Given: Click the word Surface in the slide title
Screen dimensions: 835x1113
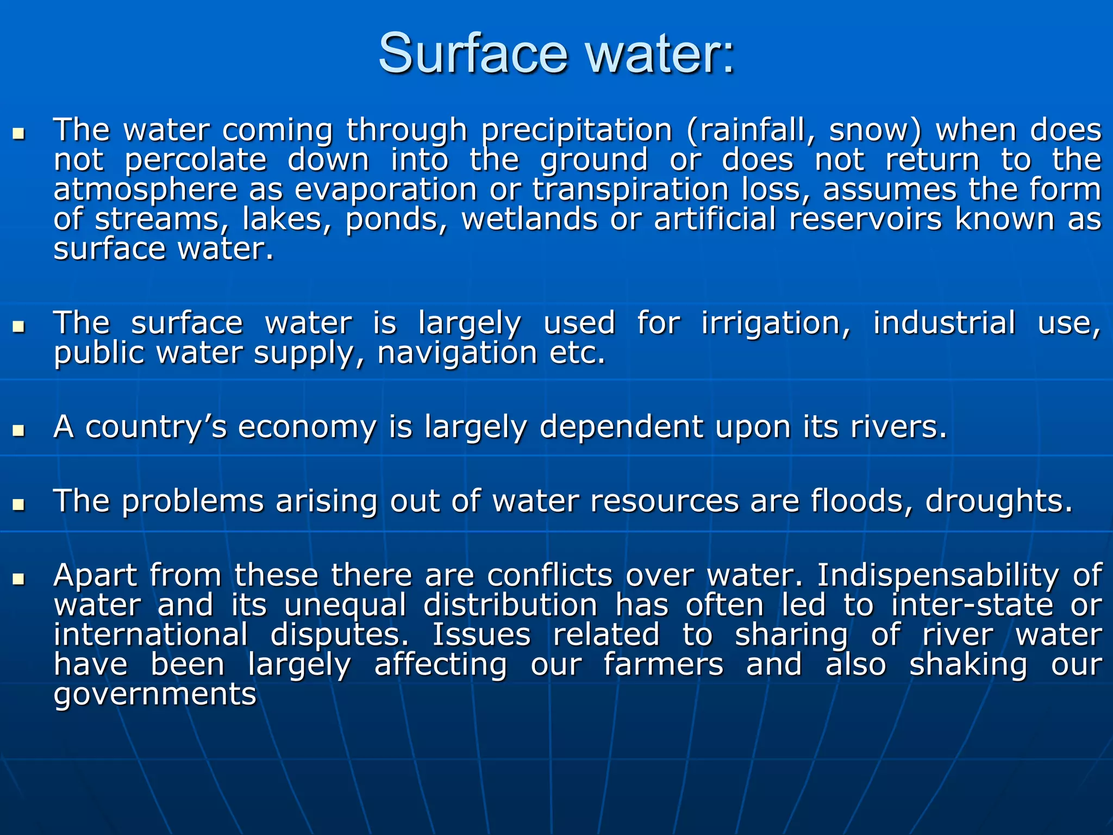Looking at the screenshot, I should [x=473, y=54].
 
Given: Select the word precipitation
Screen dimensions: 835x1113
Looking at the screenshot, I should [x=577, y=131].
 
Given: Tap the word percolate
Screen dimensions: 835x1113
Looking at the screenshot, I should [x=196, y=161].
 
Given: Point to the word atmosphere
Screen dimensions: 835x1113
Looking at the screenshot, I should [x=146, y=190].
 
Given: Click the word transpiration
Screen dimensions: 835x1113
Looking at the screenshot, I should [x=630, y=191].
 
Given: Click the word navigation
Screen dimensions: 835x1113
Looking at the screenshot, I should [x=457, y=354].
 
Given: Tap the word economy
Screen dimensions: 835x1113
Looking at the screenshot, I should [x=307, y=428].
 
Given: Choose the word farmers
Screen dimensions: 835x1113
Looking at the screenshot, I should [x=663, y=665].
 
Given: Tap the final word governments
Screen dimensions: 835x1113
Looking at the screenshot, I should [x=155, y=695].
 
